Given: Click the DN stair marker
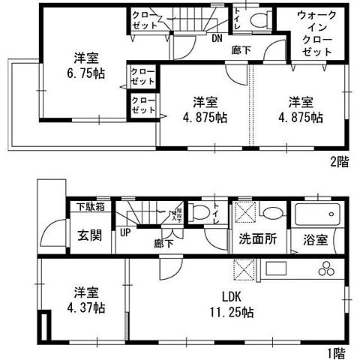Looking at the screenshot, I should (217, 39).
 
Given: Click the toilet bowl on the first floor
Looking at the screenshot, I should (197, 211).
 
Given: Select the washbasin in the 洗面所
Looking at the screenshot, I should (271, 212).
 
